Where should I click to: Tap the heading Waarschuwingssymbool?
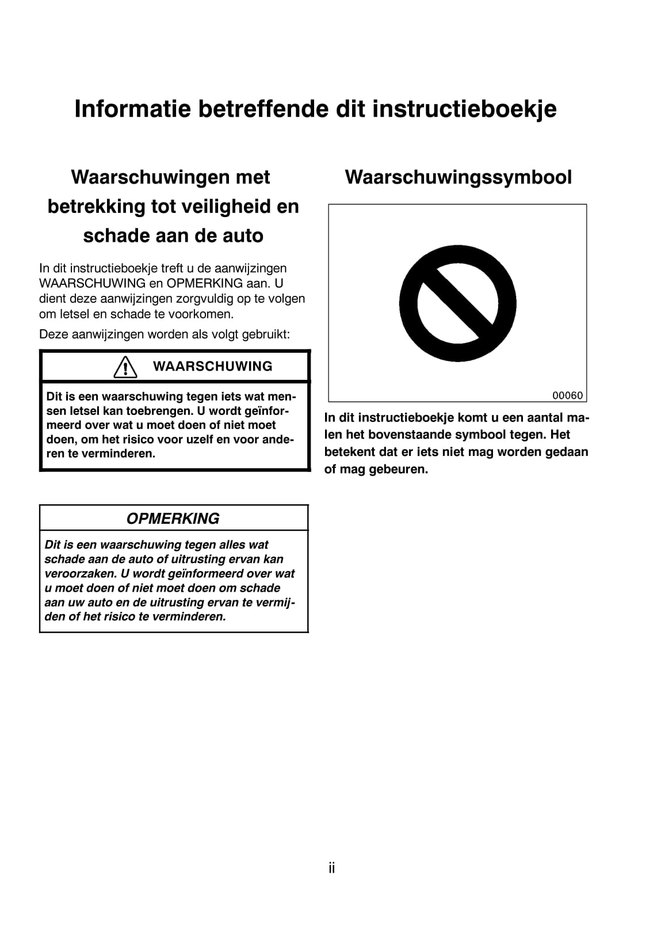tap(458, 177)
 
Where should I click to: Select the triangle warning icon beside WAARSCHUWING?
tap(125, 367)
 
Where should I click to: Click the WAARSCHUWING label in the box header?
tap(212, 367)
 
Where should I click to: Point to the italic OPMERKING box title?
tap(173, 519)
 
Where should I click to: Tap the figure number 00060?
tap(567, 395)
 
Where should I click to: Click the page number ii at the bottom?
tap(331, 868)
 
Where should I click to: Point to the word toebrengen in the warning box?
tap(159, 411)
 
